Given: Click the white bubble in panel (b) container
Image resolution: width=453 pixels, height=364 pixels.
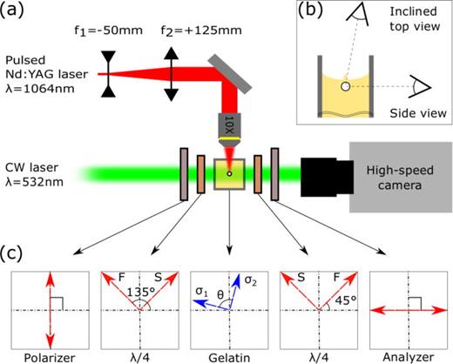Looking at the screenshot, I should tap(347, 87).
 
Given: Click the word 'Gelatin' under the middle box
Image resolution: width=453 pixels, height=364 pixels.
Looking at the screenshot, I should tap(226, 353).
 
